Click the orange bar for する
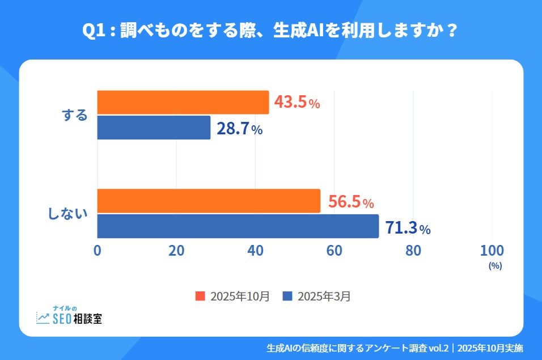pyautogui.click(x=183, y=103)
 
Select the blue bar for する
pyautogui.click(x=154, y=128)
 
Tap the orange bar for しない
pyautogui.click(x=209, y=201)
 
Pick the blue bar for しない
pyautogui.click(x=238, y=226)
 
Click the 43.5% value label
pyautogui.click(x=297, y=103)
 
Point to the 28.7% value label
pyautogui.click(x=239, y=129)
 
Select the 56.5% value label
pyautogui.click(x=350, y=201)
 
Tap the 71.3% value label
pyautogui.click(x=408, y=228)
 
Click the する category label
pyautogui.click(x=75, y=115)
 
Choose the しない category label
pyautogui.click(x=67, y=214)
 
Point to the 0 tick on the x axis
pyautogui.click(x=98, y=251)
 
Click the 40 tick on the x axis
pyautogui.click(x=255, y=251)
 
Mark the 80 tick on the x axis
pyautogui.click(x=413, y=251)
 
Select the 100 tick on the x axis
pyautogui.click(x=492, y=251)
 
